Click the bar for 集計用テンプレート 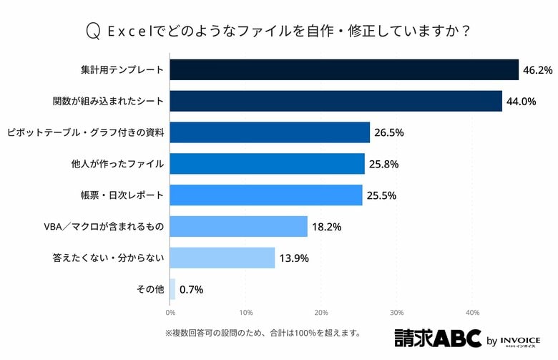coord(344,70)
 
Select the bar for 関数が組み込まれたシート coord(336,101)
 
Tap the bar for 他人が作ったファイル coord(267,164)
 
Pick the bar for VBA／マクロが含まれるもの coord(238,227)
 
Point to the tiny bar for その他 coord(172,289)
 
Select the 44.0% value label coord(521,101)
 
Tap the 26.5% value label coord(389,132)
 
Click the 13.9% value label coord(293,258)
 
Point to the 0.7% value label coord(192,289)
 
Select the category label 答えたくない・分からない coord(109,258)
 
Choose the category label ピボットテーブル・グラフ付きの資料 coord(86,132)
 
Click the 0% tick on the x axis coord(170,312)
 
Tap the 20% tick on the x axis coord(321,312)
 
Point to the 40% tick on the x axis coord(472,312)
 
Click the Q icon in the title coord(92,31)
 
